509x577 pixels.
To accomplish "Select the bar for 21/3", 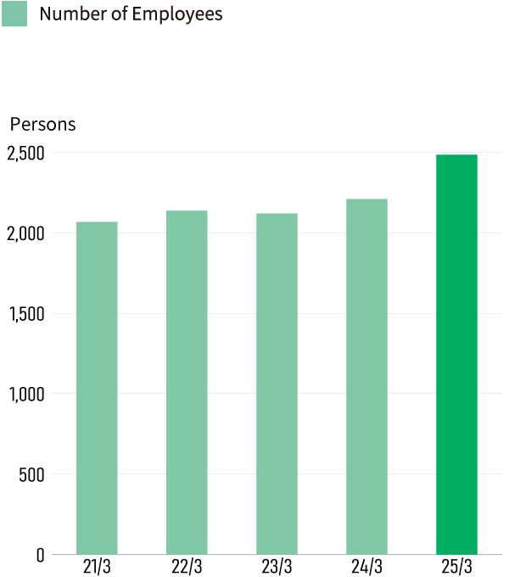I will click(x=97, y=388).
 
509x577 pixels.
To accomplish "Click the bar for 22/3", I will click(x=187, y=382).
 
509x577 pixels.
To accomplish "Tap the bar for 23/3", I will click(x=277, y=384).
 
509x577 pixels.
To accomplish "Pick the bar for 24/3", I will click(x=366, y=376).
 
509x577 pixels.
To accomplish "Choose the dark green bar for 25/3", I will click(x=456, y=354).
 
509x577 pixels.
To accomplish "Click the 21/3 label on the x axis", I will click(x=97, y=567).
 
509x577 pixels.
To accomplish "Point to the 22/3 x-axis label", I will click(x=187, y=567).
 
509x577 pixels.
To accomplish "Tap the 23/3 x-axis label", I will click(x=277, y=567).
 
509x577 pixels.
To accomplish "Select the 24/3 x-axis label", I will click(x=366, y=567).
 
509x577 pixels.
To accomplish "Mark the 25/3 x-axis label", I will click(x=456, y=567).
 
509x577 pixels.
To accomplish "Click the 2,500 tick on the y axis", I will click(x=25, y=154).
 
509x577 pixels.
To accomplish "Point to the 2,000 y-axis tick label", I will click(x=25, y=233).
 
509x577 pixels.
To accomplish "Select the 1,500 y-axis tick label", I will click(x=25, y=314).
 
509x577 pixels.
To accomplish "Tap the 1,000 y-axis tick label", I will click(x=25, y=394).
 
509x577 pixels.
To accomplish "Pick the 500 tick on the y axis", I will click(x=31, y=474).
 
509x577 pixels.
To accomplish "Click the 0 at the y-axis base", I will click(x=40, y=555).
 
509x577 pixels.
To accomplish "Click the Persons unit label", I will click(x=42, y=125).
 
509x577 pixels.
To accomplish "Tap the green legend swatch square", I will click(x=14, y=14).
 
